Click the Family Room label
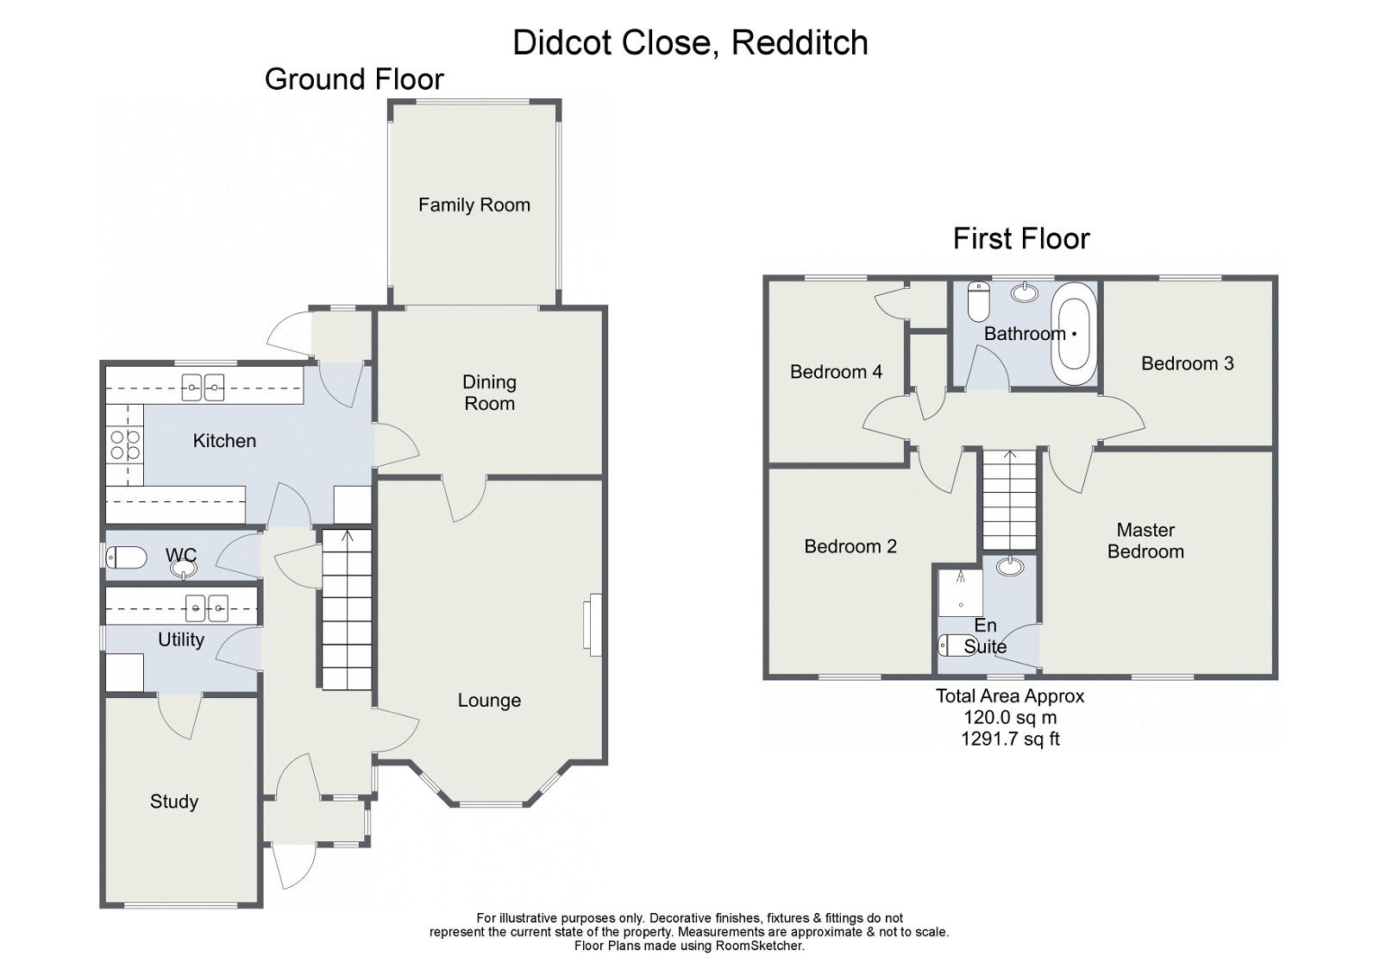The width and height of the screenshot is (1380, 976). point(474,205)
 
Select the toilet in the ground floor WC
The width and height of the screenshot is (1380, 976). point(126,557)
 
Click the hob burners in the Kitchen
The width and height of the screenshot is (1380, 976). point(124,446)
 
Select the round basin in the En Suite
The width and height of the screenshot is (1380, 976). point(1010,567)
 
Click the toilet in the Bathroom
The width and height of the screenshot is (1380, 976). point(978,300)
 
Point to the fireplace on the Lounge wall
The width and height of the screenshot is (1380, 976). point(591,625)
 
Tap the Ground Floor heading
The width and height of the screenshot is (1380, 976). point(354,79)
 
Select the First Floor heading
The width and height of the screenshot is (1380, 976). point(1020,238)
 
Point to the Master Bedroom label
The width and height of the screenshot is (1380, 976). point(1145,541)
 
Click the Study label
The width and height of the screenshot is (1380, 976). point(173,802)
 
